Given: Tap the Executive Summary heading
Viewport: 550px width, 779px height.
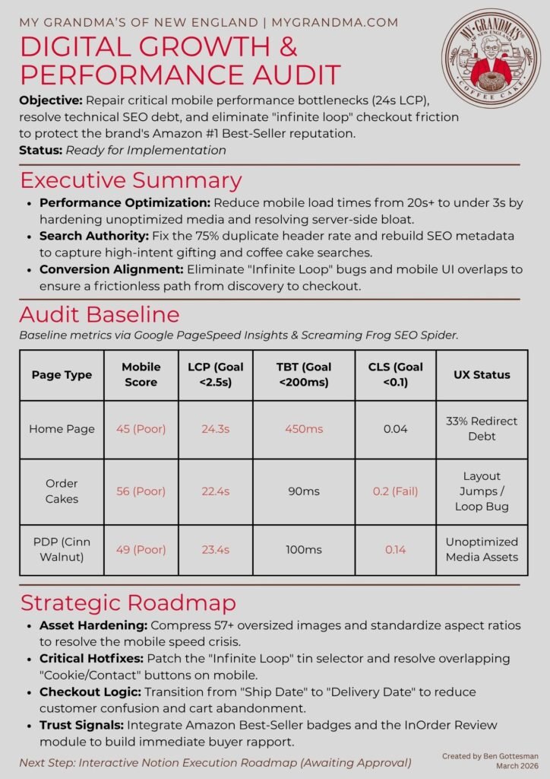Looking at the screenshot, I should point(131,180).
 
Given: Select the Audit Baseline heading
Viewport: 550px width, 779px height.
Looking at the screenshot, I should point(100,315).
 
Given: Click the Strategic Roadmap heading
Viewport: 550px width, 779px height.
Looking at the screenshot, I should point(128,603).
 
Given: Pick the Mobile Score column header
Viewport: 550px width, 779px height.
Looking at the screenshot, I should point(141,374).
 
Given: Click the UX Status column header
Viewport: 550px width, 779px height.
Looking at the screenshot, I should point(482,374).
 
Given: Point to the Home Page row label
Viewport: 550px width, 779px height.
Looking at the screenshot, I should point(62,429).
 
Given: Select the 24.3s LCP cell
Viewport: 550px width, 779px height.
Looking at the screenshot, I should point(214,429).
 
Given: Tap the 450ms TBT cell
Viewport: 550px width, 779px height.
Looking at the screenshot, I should point(303,429).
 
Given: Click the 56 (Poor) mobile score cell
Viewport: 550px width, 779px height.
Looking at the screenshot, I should point(141,491).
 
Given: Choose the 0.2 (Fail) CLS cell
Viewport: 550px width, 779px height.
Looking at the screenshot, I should point(395,491).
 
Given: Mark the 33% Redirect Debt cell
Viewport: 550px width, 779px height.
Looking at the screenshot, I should point(482,429).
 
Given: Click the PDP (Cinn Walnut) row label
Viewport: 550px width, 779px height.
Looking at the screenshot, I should point(62,549).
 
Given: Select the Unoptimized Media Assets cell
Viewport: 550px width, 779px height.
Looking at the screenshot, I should point(482,549).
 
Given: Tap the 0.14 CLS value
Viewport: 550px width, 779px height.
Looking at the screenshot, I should point(395,549).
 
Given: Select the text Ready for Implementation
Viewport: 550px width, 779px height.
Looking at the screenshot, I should point(146,150).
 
